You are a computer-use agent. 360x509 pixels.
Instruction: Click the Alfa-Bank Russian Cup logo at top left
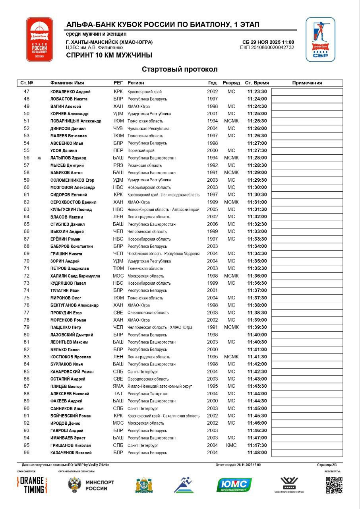39,39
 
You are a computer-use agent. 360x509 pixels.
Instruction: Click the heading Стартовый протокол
180,70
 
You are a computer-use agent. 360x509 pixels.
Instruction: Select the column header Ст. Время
257,83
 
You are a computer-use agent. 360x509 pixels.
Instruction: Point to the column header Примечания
307,83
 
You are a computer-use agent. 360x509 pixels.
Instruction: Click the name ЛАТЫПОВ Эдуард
68,158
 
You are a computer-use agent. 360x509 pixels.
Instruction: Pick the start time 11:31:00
257,202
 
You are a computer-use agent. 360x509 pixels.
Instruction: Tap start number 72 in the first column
27,276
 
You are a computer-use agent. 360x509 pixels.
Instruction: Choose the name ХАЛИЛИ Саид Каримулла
75,276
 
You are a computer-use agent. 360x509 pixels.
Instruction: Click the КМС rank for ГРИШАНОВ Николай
231,445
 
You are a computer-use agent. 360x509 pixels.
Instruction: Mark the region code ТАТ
118,394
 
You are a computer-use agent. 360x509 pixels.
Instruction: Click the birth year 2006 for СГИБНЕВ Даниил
212,224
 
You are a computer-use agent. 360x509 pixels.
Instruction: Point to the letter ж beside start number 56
39,158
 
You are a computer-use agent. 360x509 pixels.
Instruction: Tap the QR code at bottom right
334,485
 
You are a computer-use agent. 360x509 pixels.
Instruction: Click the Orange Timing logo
32,485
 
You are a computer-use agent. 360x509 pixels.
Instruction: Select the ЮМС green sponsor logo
234,485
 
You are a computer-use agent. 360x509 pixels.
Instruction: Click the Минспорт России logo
91,485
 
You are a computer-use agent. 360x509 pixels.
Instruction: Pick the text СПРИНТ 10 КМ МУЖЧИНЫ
109,56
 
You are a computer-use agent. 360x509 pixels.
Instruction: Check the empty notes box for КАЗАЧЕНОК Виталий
307,453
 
